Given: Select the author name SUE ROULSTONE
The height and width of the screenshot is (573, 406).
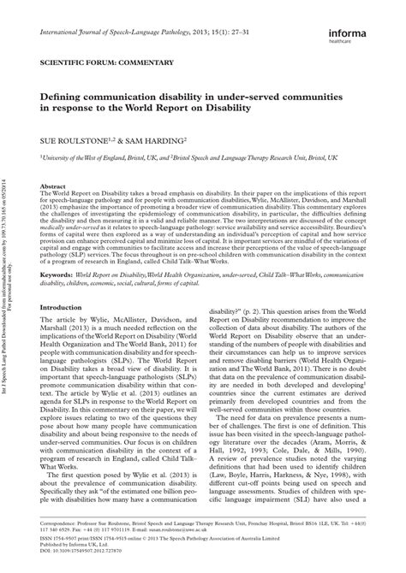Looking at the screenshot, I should coord(70,137).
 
